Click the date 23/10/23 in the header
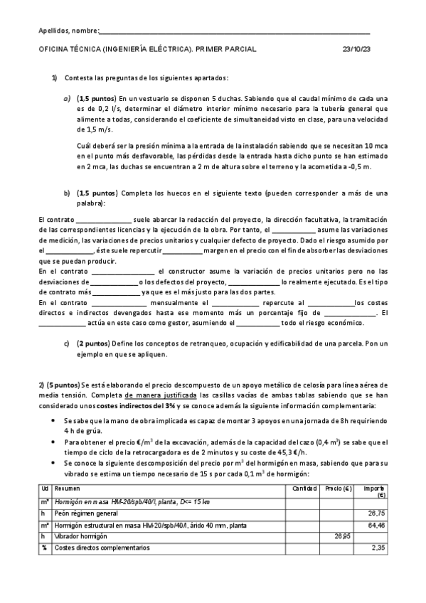(x=356, y=49)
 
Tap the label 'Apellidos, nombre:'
(x=68, y=31)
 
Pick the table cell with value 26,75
(x=376, y=513)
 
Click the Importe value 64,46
(x=376, y=525)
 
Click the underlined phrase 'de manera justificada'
(x=160, y=395)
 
